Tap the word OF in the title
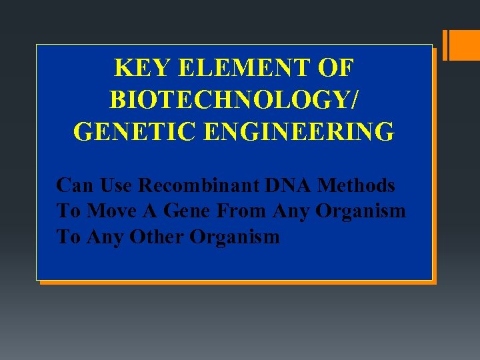click(336, 69)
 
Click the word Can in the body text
click(73, 185)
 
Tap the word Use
click(113, 185)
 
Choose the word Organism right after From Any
click(361, 211)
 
